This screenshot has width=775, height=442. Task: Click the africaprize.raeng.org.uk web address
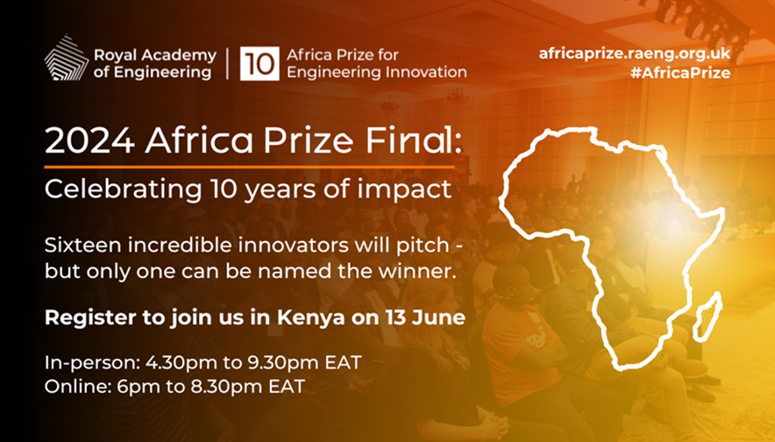tap(635, 53)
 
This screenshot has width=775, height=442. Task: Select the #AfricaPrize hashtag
tap(680, 73)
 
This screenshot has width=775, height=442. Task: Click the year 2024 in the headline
tap(81, 140)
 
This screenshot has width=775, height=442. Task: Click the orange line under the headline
tap(250, 166)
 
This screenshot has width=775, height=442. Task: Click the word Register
tap(82, 318)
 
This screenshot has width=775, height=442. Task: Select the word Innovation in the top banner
tap(424, 73)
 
